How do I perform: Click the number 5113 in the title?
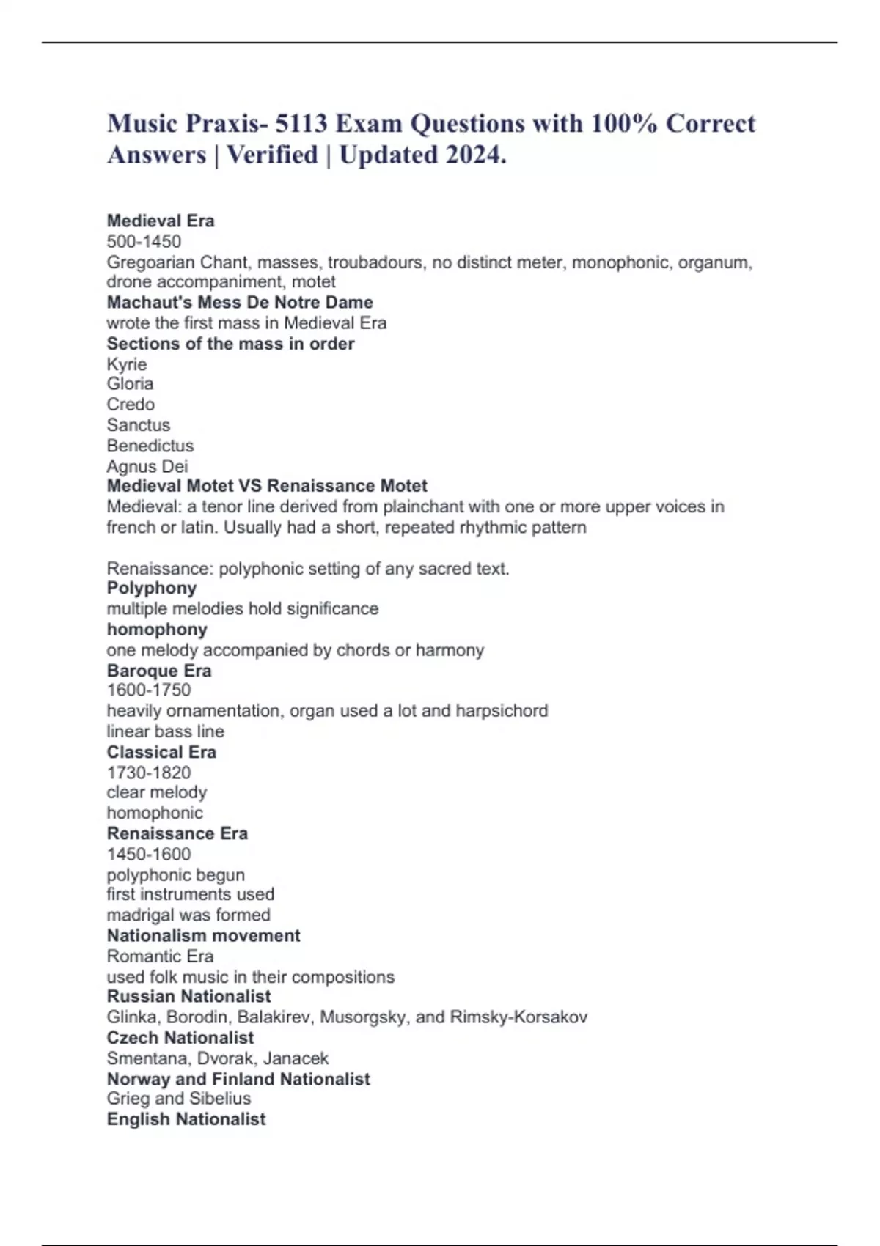[301, 124]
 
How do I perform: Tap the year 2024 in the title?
[466, 155]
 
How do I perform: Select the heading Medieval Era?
[161, 221]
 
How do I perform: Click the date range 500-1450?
[144, 241]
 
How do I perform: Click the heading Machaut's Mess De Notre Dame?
[240, 302]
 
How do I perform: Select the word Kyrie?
[127, 364]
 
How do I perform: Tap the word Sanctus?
[138, 425]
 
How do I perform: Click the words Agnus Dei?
[147, 466]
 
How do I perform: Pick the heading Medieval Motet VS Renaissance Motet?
[267, 486]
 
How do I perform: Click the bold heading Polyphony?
[152, 588]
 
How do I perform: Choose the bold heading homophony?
[157, 630]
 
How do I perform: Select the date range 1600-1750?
[149, 690]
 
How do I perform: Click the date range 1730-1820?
[149, 773]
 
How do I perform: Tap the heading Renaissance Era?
[177, 833]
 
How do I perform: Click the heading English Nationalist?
[186, 1119]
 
